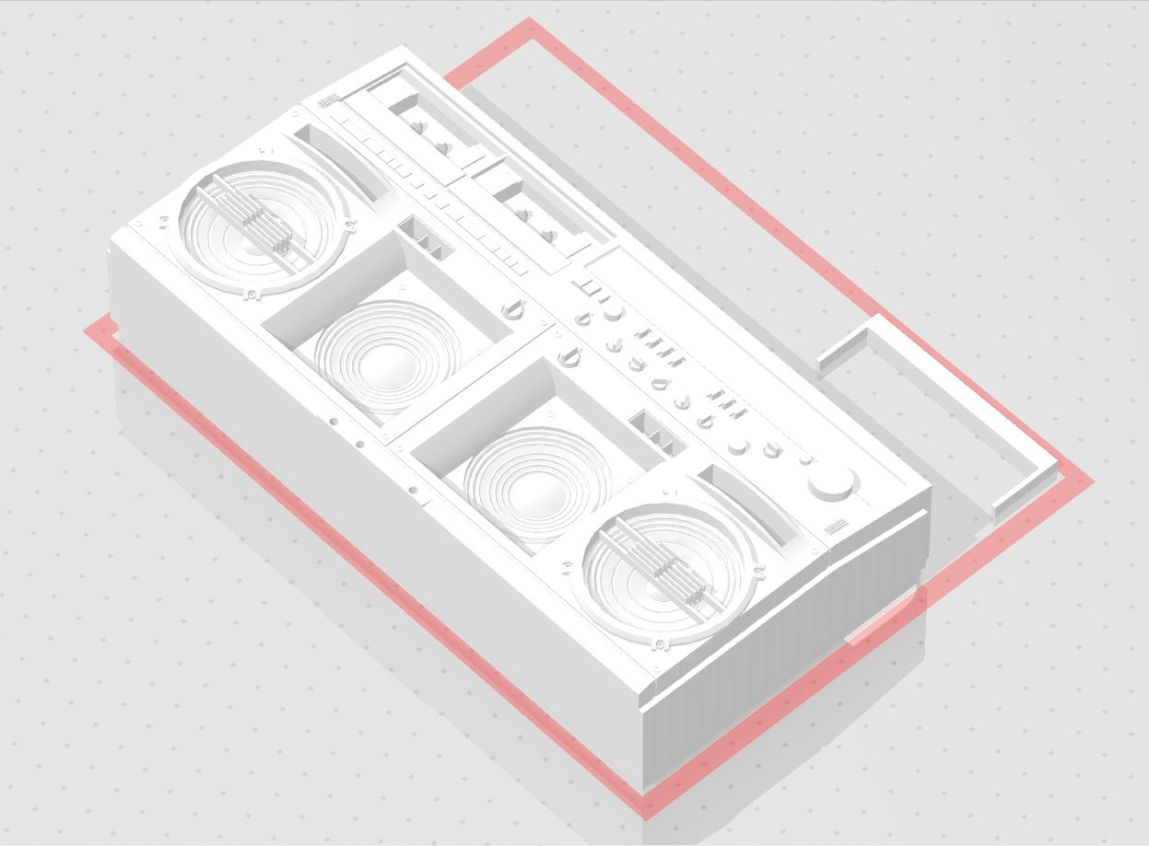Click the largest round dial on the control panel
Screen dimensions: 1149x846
coord(832,484)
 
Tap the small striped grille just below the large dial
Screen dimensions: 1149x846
coord(837,527)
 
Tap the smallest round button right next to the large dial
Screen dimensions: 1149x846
coord(804,460)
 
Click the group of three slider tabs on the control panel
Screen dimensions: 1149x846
coord(728,401)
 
